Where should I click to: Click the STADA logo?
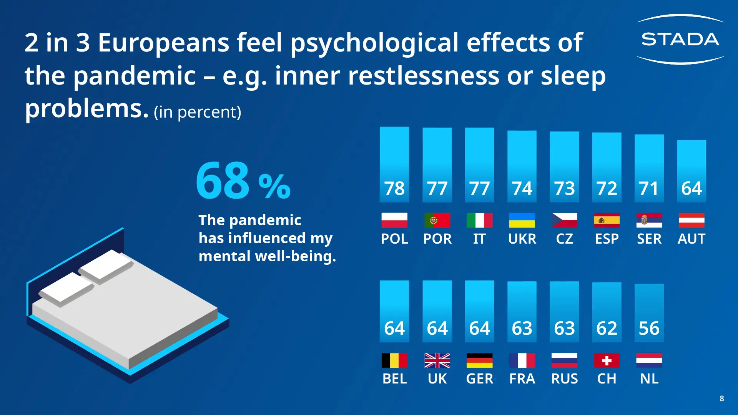680,39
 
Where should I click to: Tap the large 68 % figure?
243,181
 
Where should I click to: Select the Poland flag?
394,220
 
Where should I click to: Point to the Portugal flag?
437,220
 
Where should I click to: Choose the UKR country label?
522,239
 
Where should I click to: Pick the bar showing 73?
564,167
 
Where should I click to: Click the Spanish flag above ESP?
607,220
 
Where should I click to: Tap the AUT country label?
691,239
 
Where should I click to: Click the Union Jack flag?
437,360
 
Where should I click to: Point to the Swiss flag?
607,360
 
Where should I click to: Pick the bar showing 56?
649,313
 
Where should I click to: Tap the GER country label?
479,379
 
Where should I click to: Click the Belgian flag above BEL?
394,360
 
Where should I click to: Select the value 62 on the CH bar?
607,329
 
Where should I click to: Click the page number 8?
722,398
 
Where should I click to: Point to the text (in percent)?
198,112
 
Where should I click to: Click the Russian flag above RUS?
564,360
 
